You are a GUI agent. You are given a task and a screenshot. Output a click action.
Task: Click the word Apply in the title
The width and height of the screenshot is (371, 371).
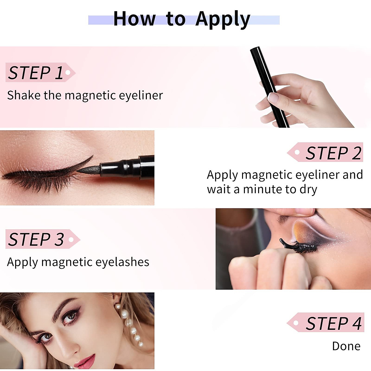[x=223, y=19]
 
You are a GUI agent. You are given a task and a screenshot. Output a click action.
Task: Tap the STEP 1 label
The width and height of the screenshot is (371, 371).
[x=36, y=73]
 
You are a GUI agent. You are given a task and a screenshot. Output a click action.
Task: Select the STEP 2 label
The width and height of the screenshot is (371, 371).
[x=333, y=153]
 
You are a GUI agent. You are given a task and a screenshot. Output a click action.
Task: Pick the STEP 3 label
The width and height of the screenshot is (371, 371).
[x=36, y=239]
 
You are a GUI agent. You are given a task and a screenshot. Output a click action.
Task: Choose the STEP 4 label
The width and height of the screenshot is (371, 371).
[x=333, y=323]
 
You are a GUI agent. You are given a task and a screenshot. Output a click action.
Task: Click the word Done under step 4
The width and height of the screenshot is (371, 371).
[x=346, y=346]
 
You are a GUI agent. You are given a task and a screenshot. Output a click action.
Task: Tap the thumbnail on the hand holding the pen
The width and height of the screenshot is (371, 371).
[x=273, y=97]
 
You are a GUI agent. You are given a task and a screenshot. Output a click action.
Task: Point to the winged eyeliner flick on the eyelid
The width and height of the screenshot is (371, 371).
[x=85, y=162]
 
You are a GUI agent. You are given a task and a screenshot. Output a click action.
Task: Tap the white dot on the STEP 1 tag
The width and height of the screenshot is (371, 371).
[x=68, y=73]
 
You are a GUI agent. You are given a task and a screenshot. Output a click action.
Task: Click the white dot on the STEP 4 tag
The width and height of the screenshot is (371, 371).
[x=296, y=323]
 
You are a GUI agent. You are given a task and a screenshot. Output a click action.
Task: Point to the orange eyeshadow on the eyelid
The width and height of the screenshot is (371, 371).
[x=301, y=229]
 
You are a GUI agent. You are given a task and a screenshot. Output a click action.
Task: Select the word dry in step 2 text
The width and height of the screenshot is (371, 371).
[x=308, y=189]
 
